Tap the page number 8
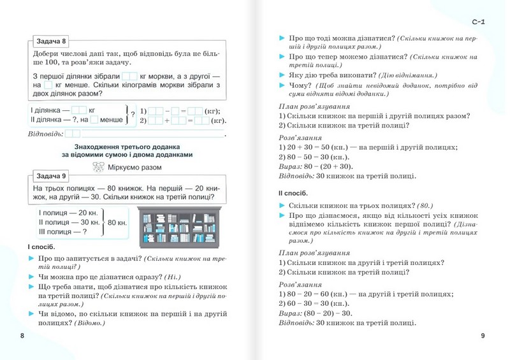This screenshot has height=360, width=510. pos(22,336)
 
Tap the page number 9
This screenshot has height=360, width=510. pos(483,336)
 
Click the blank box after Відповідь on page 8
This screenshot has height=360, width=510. pos(73,134)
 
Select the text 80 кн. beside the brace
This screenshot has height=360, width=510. pos(119,222)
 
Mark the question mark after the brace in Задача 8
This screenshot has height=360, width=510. pos(133,114)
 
